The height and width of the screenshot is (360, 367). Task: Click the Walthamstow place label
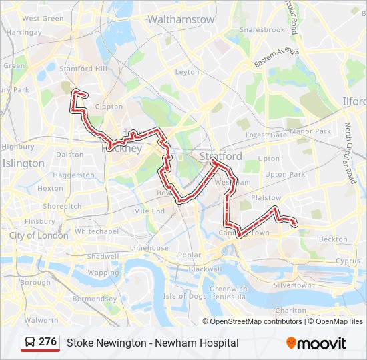click(x=181, y=19)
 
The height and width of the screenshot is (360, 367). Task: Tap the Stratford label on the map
click(x=221, y=156)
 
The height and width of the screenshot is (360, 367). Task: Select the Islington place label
click(x=23, y=163)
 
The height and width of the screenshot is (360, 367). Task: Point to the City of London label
click(x=39, y=235)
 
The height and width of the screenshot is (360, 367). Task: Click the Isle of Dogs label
click(x=184, y=296)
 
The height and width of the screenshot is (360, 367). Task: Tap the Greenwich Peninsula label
click(x=229, y=293)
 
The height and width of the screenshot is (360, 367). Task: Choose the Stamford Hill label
click(x=83, y=69)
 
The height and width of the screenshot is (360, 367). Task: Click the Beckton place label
click(x=333, y=239)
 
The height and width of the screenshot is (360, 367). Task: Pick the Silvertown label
click(x=292, y=285)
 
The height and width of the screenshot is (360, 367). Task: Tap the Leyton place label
click(x=188, y=72)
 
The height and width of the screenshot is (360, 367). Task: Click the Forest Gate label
click(x=266, y=135)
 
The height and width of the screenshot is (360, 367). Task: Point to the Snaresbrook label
click(x=262, y=30)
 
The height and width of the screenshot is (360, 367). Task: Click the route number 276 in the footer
click(x=47, y=342)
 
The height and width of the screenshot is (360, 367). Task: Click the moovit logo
click(x=316, y=343)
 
